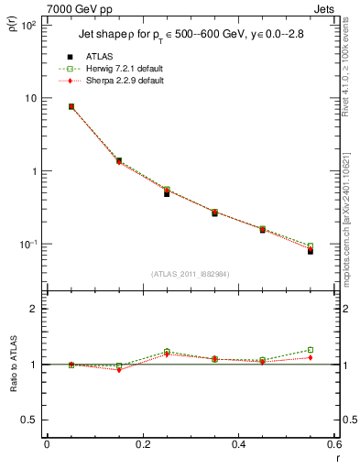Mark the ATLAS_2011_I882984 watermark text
point(189,275)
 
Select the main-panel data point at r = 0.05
point(71,106)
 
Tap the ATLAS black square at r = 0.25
point(167,193)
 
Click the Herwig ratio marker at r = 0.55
point(311,350)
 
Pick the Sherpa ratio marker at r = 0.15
point(119,370)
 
